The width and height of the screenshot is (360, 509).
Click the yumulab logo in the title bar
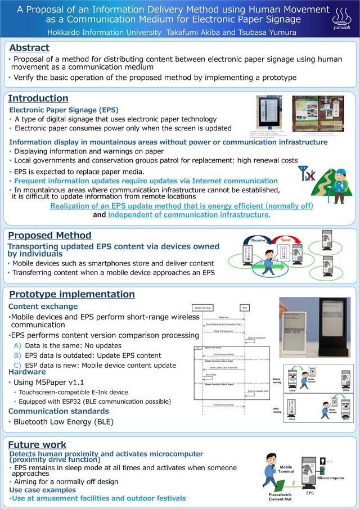click(x=341, y=19)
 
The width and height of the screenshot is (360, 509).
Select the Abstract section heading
click(x=29, y=48)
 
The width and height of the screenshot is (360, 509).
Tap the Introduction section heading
click(x=38, y=98)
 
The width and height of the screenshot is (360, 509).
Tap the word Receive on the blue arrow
click(x=258, y=240)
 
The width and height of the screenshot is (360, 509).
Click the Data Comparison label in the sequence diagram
click(x=256, y=337)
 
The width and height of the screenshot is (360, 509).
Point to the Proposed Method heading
click(x=49, y=235)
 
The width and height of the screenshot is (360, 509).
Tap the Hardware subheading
click(x=27, y=372)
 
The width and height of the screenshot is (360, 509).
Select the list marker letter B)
click(x=17, y=355)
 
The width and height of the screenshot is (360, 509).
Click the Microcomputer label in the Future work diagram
click(x=331, y=478)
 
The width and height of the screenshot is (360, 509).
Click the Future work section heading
click(x=37, y=444)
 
